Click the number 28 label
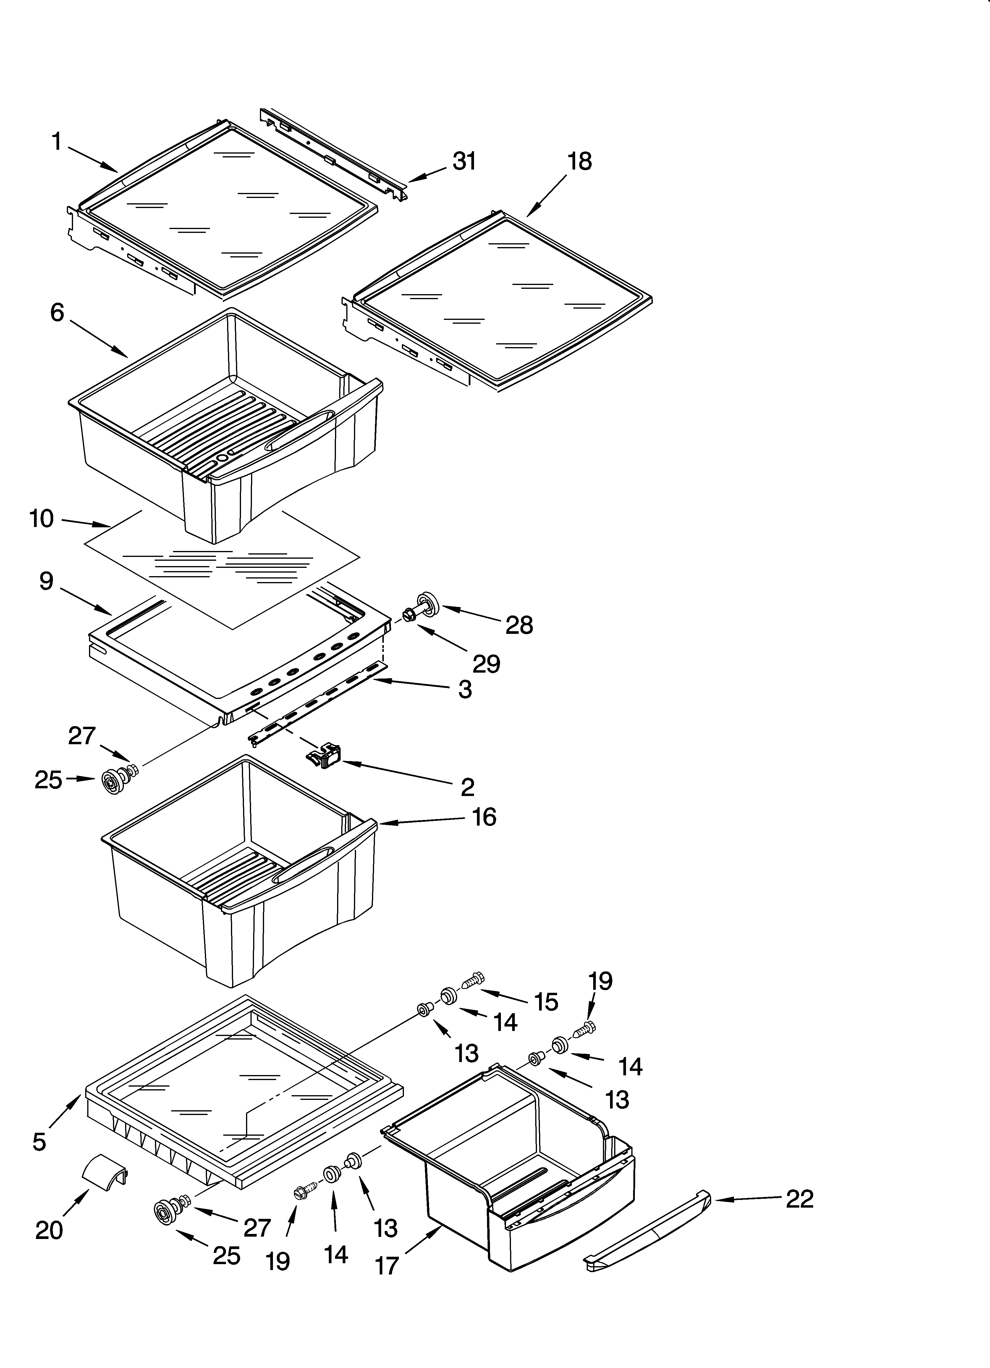click(x=519, y=626)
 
